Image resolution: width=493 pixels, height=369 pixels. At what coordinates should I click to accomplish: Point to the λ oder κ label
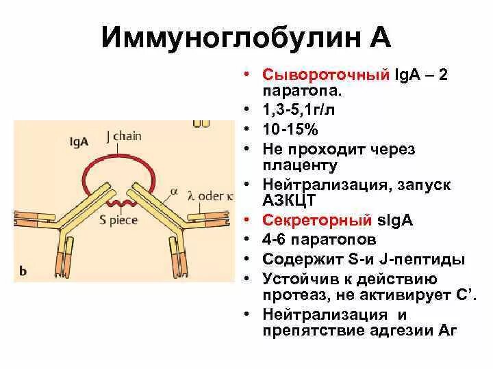pos(207,195)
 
